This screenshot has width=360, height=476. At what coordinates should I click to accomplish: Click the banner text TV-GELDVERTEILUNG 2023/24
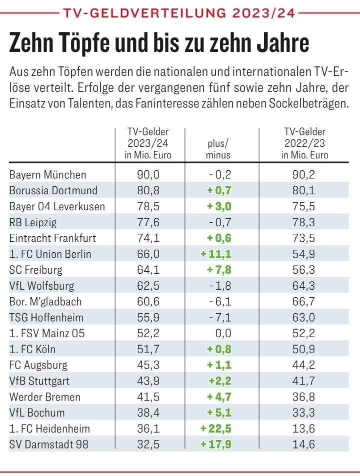(x=180, y=11)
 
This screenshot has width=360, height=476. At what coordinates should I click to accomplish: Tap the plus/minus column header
(x=218, y=149)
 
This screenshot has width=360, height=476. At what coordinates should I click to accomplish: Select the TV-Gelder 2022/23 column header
(x=304, y=143)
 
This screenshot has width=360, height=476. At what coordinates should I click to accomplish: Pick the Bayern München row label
(x=48, y=175)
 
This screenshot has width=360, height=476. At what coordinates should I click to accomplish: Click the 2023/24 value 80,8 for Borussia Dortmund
(x=148, y=190)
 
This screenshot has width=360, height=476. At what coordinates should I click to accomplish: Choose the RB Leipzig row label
(x=33, y=222)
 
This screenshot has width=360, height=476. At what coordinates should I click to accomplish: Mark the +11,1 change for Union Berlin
(x=216, y=254)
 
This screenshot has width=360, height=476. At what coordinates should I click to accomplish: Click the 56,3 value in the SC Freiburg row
(x=304, y=270)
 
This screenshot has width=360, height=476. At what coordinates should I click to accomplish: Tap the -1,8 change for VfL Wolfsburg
(x=219, y=286)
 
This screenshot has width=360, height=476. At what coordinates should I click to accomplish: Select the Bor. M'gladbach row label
(x=45, y=302)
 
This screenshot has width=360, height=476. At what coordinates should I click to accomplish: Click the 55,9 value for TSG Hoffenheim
(x=148, y=317)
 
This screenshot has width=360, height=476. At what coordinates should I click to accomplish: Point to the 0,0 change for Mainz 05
(x=221, y=333)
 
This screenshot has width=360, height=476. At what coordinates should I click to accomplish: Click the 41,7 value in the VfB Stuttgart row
(x=304, y=381)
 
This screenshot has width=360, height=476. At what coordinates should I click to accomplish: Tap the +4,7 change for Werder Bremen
(x=219, y=397)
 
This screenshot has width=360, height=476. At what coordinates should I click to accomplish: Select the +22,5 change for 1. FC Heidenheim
(x=216, y=429)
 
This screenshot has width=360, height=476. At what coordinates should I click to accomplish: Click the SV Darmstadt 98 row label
(x=49, y=445)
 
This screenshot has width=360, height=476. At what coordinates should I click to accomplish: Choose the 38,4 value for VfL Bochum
(x=148, y=413)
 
